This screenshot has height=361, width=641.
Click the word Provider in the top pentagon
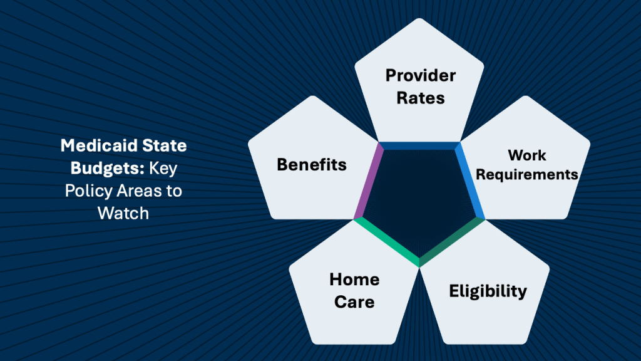[421, 76]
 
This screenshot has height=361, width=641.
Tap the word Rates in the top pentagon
[421, 98]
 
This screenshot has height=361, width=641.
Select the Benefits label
[312, 165]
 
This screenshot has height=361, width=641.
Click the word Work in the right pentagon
[527, 155]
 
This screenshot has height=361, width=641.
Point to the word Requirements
[527, 174]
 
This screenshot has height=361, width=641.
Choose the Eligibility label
[488, 291]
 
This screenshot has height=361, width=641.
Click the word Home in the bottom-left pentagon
[354, 280]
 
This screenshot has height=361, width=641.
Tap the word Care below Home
[354, 301]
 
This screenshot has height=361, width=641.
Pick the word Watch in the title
[123, 212]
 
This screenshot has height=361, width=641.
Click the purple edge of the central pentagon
[368, 181]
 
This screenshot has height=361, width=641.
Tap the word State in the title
[165, 146]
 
